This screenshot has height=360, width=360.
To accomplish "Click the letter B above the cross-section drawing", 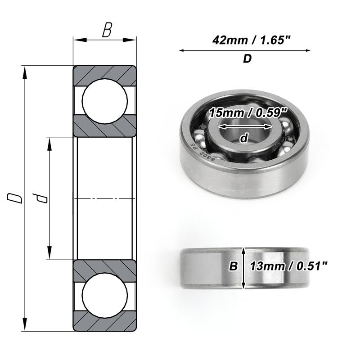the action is click(x=107, y=30).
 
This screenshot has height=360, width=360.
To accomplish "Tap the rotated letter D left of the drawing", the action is click(x=15, y=198).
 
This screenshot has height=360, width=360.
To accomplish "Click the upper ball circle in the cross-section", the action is click(x=105, y=101).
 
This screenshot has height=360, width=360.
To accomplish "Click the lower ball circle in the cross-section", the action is click(x=105, y=295).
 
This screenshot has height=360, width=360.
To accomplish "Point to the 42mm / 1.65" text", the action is click(x=252, y=40).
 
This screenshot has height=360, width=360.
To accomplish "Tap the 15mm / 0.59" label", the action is click(x=248, y=113).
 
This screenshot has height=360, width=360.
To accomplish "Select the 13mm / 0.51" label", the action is click(x=288, y=266).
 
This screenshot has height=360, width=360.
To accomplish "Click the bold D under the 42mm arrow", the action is click(x=247, y=59).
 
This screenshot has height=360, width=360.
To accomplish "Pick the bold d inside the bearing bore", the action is click(x=244, y=138).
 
